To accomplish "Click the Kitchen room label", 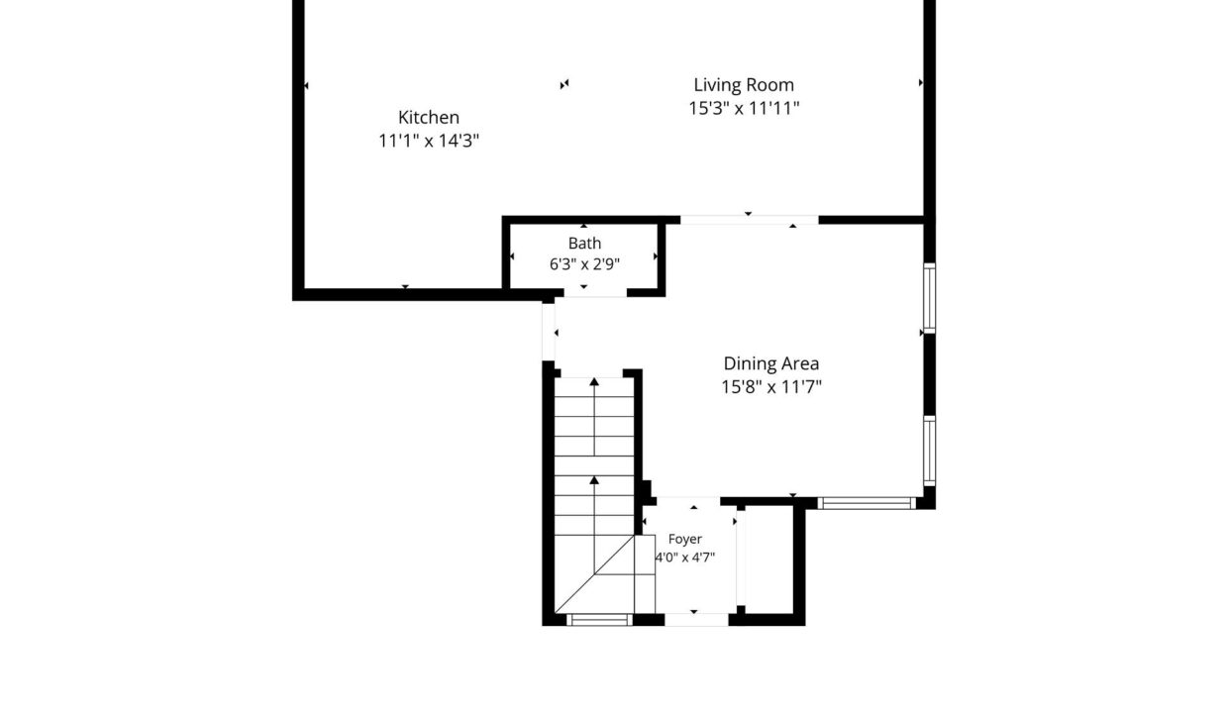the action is [x=429, y=117].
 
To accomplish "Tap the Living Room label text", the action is [x=744, y=85].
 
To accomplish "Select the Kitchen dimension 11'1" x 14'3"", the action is [x=429, y=141].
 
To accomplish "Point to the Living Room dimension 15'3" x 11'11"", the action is [x=744, y=109].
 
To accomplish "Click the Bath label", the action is [x=584, y=243].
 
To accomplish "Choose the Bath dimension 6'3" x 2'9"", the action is [x=584, y=264].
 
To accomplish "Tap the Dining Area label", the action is [x=771, y=363].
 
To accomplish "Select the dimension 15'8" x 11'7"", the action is [x=771, y=387].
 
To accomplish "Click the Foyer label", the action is [x=684, y=540].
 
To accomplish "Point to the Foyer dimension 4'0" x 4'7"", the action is [x=685, y=558].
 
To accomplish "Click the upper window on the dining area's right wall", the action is [x=929, y=298].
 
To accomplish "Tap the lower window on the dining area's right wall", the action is [x=929, y=451].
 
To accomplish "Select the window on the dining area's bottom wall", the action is [x=867, y=503].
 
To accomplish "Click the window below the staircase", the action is [x=599, y=620].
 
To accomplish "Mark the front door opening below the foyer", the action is [x=696, y=620].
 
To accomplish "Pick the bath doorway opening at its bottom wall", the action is [x=595, y=293].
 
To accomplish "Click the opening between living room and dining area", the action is [x=750, y=220].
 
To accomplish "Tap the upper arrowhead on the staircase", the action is [x=594, y=381].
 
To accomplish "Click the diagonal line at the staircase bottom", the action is [x=594, y=573].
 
